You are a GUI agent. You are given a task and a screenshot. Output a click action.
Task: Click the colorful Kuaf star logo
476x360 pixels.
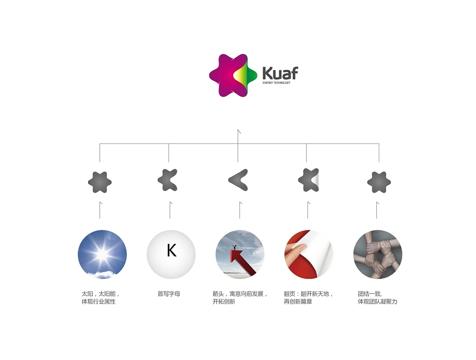click(x=233, y=75)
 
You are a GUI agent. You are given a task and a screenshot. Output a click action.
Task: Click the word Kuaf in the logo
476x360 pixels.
click(x=280, y=73)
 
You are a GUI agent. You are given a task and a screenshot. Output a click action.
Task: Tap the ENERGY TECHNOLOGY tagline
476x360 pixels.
click(x=276, y=83)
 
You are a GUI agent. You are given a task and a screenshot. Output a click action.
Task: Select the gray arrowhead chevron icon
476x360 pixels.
click(x=238, y=180)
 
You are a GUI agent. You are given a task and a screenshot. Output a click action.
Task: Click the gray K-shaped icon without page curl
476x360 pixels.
click(x=168, y=180)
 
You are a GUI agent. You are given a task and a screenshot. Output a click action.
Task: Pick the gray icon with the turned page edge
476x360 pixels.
click(x=309, y=180)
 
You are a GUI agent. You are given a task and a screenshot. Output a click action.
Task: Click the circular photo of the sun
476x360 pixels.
click(x=102, y=255)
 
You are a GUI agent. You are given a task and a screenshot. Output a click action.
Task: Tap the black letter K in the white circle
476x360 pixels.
click(x=171, y=251)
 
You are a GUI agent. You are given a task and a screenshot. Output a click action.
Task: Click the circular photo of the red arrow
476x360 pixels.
click(x=240, y=255)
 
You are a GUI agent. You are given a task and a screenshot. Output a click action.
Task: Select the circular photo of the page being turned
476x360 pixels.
click(x=309, y=255)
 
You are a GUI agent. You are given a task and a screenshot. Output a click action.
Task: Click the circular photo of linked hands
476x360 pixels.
click(x=378, y=255)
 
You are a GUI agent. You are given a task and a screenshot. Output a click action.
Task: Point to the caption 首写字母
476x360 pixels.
click(x=169, y=294)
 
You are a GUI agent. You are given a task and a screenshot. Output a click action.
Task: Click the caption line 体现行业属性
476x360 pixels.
click(x=98, y=301)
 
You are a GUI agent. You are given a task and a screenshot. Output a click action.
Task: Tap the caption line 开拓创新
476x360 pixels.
click(x=224, y=301)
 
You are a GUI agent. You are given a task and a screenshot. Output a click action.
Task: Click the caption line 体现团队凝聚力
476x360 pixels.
click(x=378, y=301)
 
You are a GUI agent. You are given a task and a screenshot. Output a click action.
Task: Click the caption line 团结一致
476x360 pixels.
click(x=370, y=294)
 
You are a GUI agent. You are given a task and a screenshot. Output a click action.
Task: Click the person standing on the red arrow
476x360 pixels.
click(x=235, y=247)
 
